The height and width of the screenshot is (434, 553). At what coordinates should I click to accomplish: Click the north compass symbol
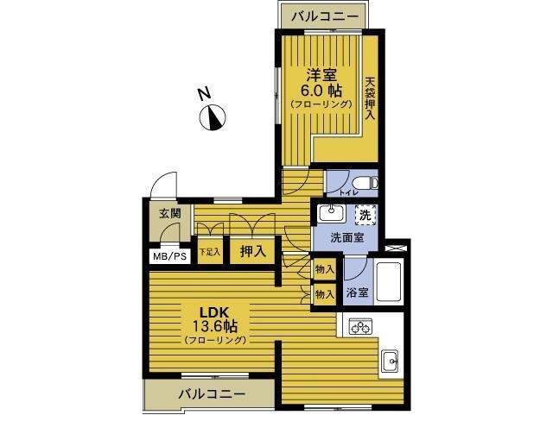(x=213, y=116)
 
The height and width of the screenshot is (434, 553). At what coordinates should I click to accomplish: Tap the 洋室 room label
(x=321, y=74)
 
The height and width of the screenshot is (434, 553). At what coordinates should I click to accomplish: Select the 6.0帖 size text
(x=321, y=90)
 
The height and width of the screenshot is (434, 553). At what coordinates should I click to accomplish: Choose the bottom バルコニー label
(x=213, y=394)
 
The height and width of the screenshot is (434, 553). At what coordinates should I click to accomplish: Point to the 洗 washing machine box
(x=366, y=215)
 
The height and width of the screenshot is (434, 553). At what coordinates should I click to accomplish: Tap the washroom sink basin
(x=330, y=213)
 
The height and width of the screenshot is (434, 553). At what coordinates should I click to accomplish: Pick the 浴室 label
(x=357, y=292)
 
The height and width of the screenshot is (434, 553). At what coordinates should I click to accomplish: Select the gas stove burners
(x=360, y=326)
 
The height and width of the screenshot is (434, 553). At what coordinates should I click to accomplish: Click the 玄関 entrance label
(x=170, y=214)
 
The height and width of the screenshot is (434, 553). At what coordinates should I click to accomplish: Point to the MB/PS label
(x=170, y=256)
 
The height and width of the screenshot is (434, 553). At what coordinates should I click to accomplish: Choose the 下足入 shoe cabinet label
(x=209, y=253)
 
